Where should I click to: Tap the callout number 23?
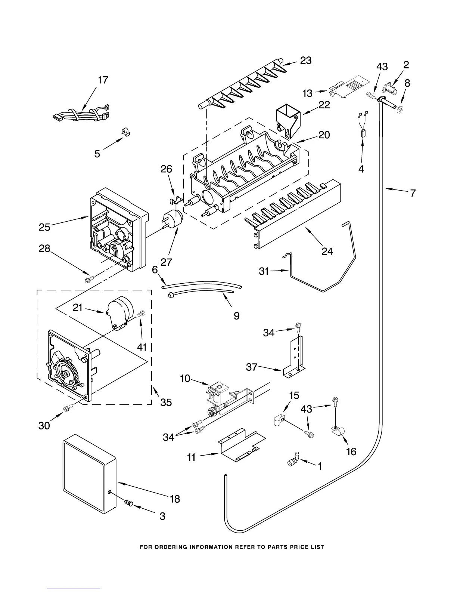(306, 61)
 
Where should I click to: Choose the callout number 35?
(166, 402)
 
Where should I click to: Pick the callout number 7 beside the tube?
(413, 193)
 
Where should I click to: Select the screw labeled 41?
(140, 315)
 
